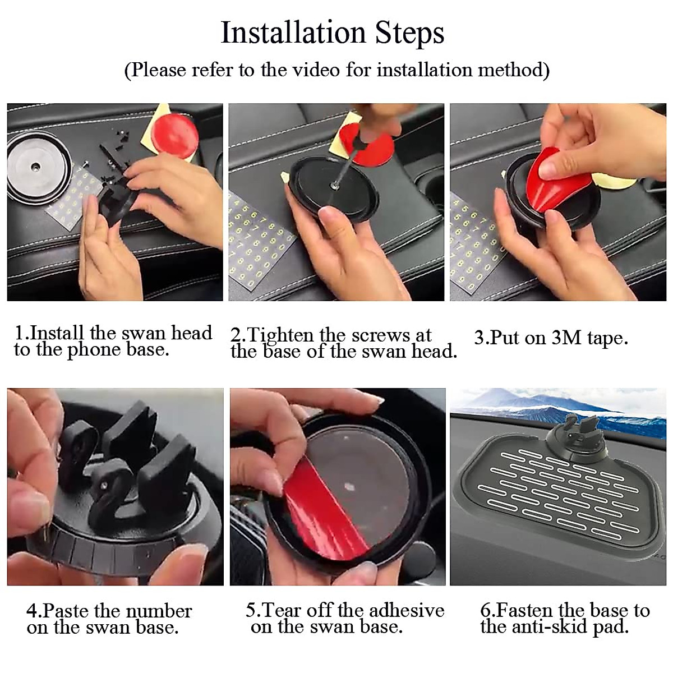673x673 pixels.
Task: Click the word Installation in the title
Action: click(293, 33)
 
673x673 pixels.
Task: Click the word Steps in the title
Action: click(409, 34)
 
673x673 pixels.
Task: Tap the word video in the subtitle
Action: click(316, 70)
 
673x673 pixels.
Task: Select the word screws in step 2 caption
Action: click(380, 335)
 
